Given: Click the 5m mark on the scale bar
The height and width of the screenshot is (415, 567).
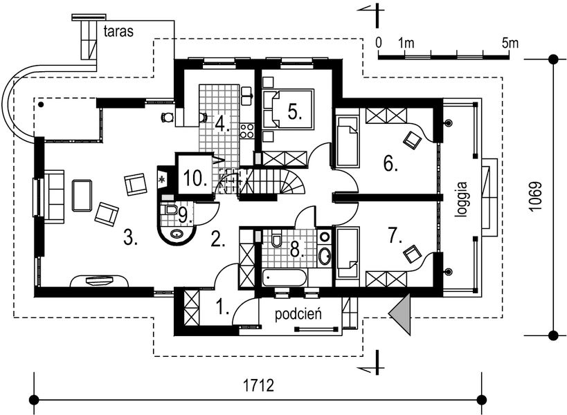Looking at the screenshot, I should click(x=511, y=43).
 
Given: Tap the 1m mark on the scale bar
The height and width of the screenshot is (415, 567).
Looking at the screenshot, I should click(x=406, y=43).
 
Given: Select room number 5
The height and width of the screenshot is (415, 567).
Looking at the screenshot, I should click(x=295, y=112).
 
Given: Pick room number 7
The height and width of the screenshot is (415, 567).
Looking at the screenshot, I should click(x=395, y=235).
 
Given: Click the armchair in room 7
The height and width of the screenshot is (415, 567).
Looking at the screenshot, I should click(x=413, y=254).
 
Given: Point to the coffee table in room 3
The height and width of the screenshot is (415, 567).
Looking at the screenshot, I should click(x=82, y=195).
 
